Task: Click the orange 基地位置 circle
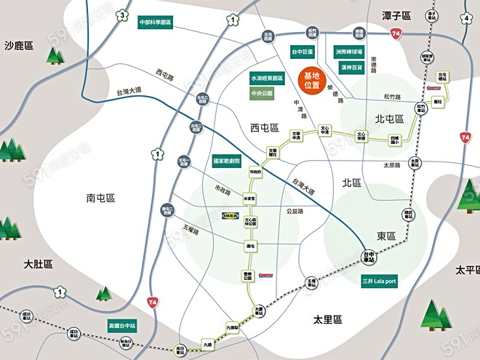coord(311,80)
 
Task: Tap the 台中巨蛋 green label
coord(303,52)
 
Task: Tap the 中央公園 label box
coord(262,93)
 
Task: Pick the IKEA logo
coord(231,216)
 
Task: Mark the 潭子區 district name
coord(396,15)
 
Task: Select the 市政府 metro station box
coord(255,172)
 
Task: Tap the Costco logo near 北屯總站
coord(434,87)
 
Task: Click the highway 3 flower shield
coord(124,17)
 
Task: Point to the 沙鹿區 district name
coord(19,46)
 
